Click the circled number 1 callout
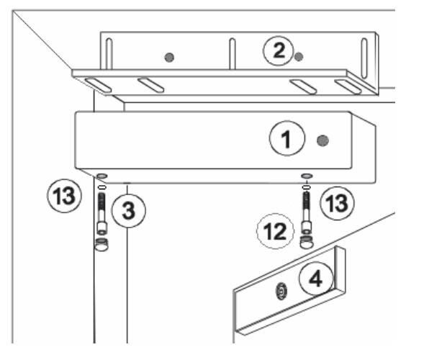(287, 138)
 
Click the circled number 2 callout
(279, 51)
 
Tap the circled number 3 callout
(129, 210)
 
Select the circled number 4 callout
(317, 279)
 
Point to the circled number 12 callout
(275, 231)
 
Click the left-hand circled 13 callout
(64, 195)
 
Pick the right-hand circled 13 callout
(337, 204)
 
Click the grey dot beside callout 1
(323, 140)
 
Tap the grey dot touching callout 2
(299, 57)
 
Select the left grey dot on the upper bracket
(169, 57)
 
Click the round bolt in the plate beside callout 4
(281, 291)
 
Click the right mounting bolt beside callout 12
(306, 212)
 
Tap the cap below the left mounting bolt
(101, 244)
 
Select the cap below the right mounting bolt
(307, 242)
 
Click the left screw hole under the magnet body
(101, 176)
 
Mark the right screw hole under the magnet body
(307, 176)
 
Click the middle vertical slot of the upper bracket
(232, 54)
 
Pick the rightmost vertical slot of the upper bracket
(364, 58)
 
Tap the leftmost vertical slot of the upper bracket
(109, 54)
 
